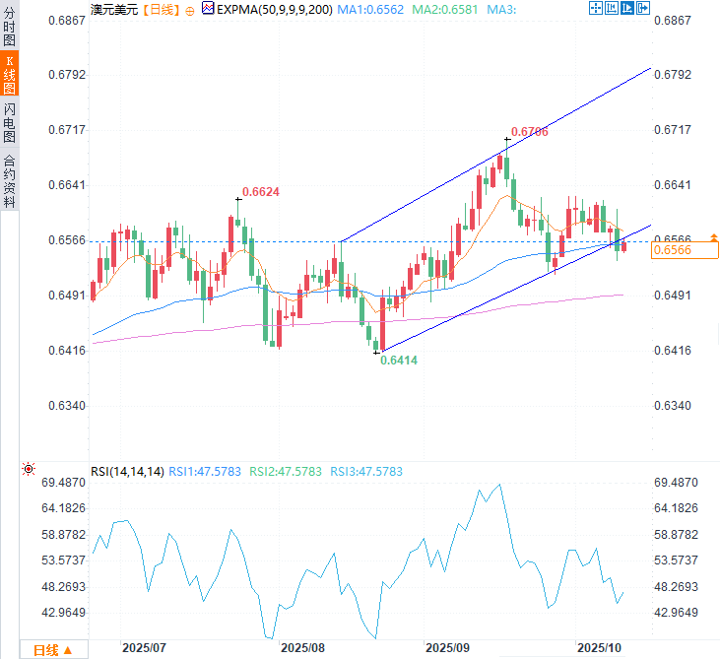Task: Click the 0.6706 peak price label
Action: pos(530,131)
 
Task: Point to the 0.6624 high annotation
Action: pos(261,191)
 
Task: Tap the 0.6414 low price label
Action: pos(399,361)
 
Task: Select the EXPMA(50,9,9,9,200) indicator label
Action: pos(263,9)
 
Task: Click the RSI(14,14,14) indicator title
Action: pos(127,472)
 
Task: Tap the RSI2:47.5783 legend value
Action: pos(286,472)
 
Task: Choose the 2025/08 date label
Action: pos(302,648)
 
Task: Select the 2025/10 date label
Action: pos(599,648)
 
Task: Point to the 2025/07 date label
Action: pos(143,648)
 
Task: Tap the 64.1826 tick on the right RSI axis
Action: pos(677,508)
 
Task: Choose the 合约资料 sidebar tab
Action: pos(10,181)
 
